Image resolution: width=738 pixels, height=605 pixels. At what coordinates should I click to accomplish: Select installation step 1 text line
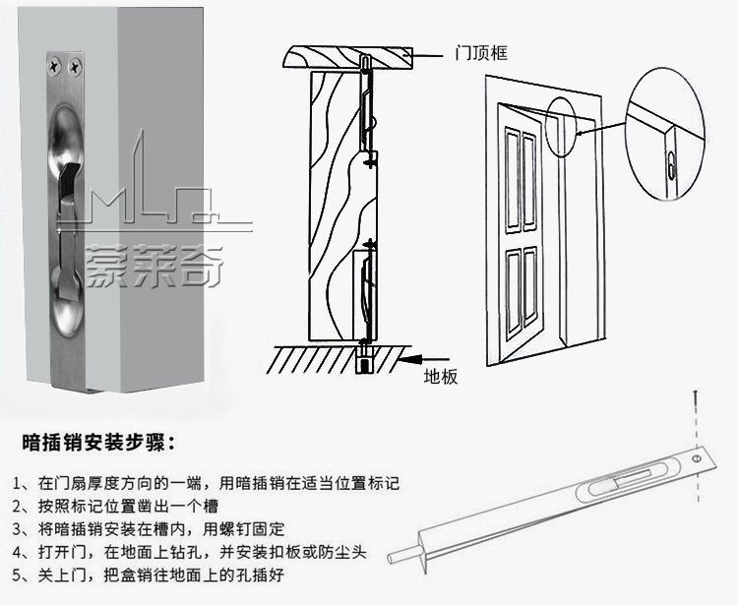click(208, 484)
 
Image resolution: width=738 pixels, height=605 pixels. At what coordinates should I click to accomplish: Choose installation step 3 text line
click(158, 528)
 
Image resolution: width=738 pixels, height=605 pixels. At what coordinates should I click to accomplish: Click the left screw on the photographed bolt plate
click(52, 66)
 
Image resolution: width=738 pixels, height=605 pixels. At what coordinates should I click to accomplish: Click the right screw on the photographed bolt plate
click(75, 66)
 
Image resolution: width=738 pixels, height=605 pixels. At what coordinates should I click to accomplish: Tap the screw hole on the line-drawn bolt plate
click(697, 459)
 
